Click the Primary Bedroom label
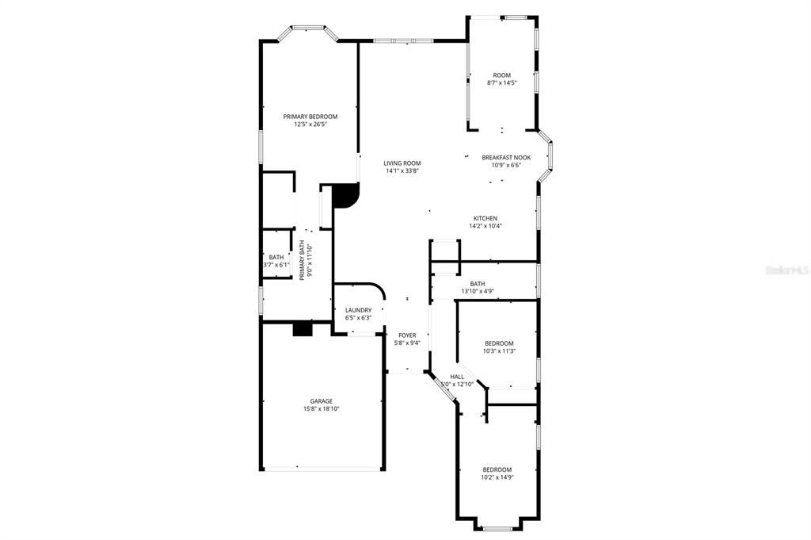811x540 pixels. click(310, 117)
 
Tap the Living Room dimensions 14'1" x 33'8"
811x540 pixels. click(402, 170)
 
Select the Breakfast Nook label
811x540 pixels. click(506, 157)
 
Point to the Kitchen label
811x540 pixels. click(485, 219)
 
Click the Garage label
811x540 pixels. click(322, 401)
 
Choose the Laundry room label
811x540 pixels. click(359, 310)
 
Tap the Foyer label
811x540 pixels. click(407, 335)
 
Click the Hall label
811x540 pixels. click(457, 377)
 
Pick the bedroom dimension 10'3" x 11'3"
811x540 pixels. click(499, 351)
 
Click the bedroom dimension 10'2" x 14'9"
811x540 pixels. click(497, 477)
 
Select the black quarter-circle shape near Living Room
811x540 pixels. click(345, 196)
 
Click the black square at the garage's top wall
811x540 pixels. click(303, 329)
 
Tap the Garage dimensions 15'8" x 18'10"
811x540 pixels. click(322, 409)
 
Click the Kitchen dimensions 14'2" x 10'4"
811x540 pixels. click(485, 226)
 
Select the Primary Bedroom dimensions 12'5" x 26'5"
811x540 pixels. click(310, 124)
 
